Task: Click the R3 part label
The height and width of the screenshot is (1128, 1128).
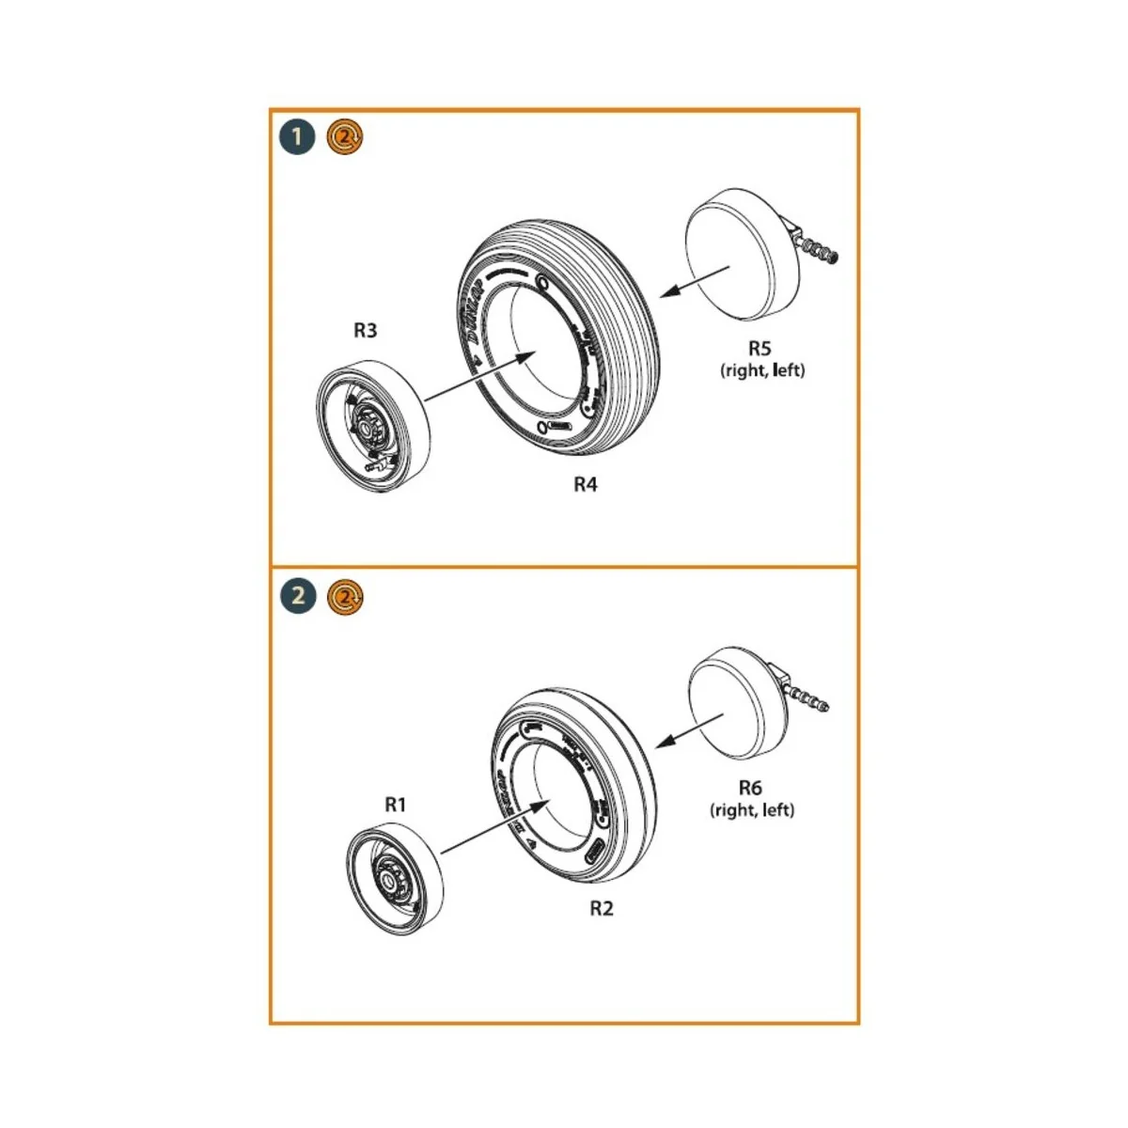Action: click(x=365, y=331)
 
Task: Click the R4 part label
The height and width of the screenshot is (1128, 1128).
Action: click(x=585, y=485)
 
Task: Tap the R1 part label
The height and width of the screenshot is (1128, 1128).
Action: click(x=395, y=805)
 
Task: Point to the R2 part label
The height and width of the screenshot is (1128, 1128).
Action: click(x=601, y=909)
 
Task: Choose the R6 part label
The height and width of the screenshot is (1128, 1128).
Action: click(x=750, y=789)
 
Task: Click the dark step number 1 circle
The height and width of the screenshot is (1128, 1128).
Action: click(x=297, y=138)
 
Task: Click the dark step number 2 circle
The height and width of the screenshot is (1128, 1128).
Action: click(x=298, y=596)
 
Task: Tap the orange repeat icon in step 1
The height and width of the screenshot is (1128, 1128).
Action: click(x=345, y=138)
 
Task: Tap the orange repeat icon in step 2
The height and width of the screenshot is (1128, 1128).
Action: click(x=345, y=596)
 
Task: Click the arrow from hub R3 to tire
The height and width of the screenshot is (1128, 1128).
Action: click(x=479, y=377)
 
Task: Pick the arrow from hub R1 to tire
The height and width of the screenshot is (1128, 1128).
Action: click(x=494, y=827)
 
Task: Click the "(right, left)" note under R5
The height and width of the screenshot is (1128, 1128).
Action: click(x=762, y=370)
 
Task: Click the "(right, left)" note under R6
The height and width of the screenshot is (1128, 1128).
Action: click(x=751, y=810)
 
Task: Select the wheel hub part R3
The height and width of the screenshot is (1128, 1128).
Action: click(x=373, y=429)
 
